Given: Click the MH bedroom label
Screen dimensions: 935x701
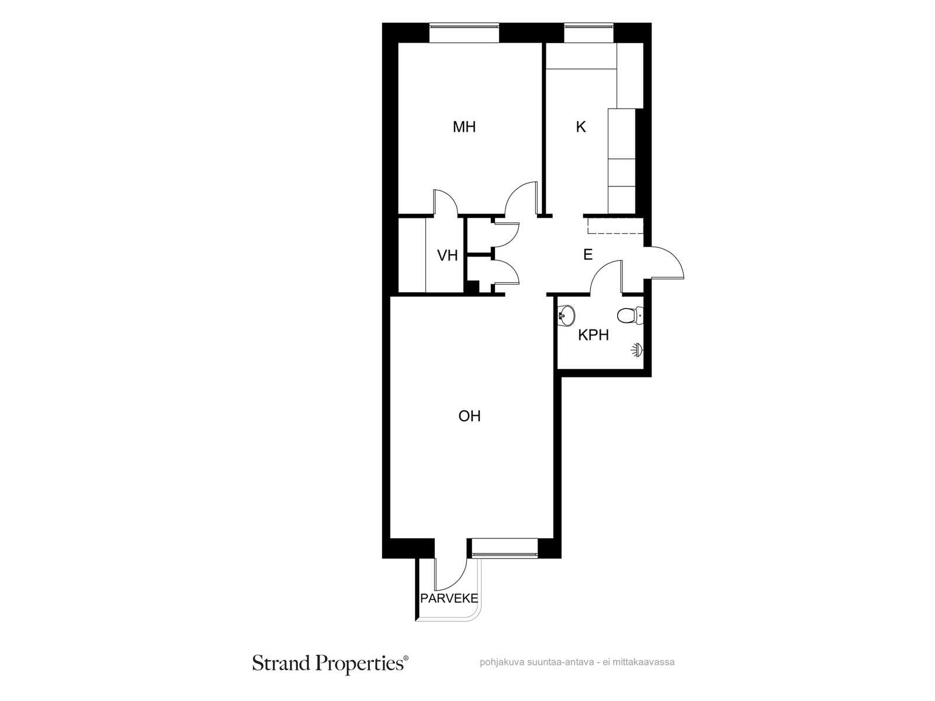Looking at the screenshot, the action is click(x=464, y=127).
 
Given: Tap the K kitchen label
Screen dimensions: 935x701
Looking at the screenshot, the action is click(x=581, y=127).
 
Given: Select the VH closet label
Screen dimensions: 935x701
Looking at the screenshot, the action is click(x=447, y=255).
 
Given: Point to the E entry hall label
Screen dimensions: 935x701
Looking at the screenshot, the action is click(x=588, y=255).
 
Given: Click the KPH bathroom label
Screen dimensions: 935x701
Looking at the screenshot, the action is click(x=593, y=335).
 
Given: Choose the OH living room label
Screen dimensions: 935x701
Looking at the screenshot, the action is click(x=469, y=416).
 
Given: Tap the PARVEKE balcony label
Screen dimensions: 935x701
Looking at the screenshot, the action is click(x=449, y=598).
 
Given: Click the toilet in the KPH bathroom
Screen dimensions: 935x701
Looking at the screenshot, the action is click(x=629, y=315).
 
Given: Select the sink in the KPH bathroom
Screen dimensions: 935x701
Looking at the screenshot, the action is click(x=566, y=315).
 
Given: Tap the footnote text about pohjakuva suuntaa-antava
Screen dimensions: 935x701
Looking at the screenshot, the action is click(x=577, y=662).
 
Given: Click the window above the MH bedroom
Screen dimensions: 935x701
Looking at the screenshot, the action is click(x=463, y=33).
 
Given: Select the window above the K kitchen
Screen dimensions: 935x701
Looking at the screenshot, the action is click(x=588, y=33).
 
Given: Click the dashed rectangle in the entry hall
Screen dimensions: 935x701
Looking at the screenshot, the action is click(x=615, y=225).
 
